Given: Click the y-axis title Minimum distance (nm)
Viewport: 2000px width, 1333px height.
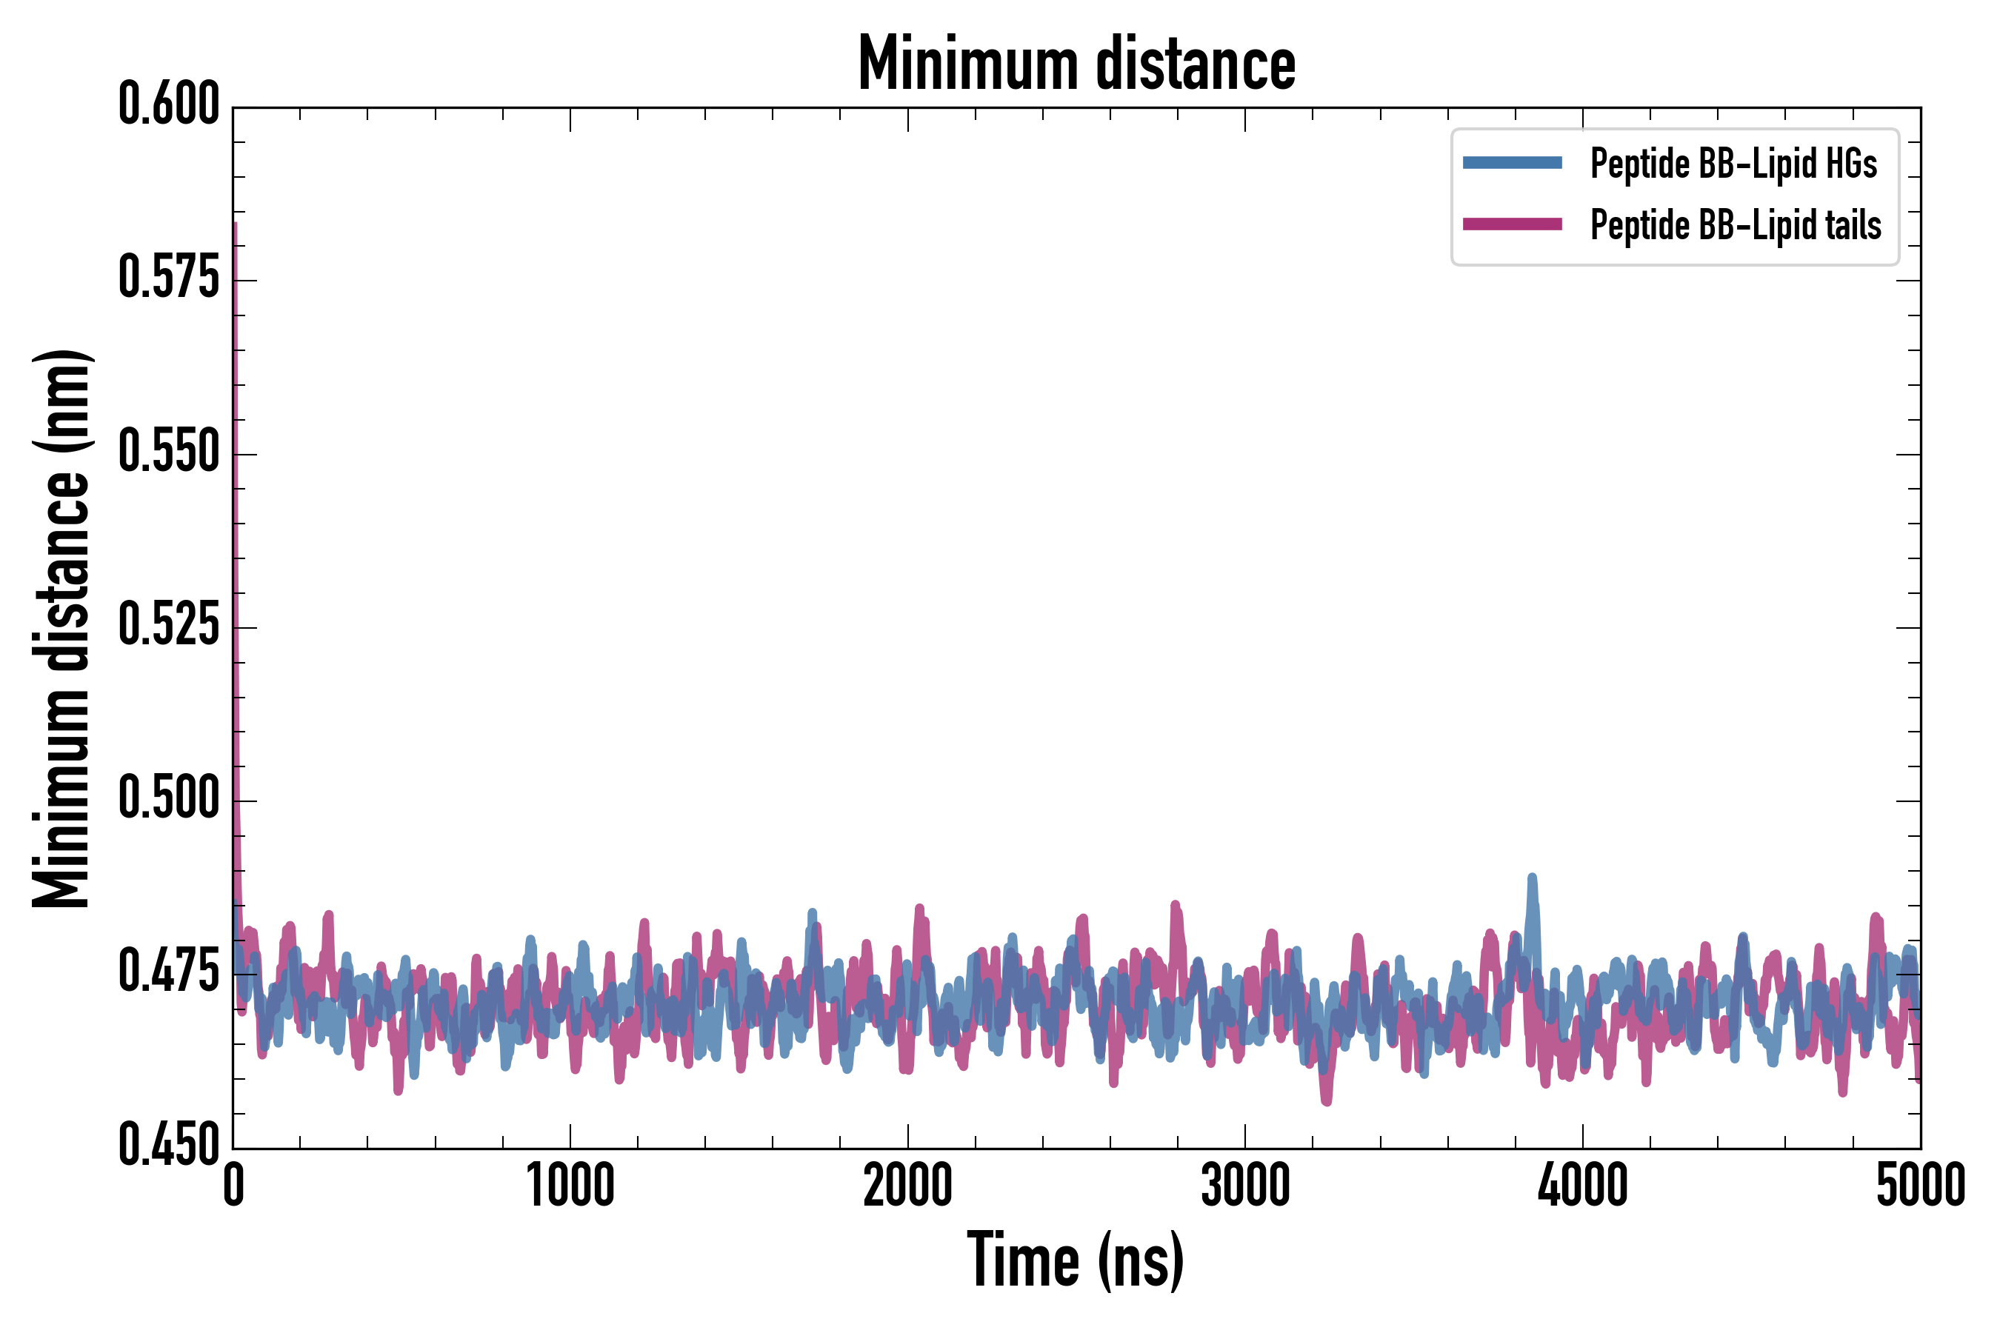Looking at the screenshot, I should (61, 629).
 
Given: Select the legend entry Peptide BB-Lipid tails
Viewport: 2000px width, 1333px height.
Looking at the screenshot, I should (1736, 225).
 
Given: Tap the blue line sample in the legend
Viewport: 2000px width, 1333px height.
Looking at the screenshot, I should (1512, 163).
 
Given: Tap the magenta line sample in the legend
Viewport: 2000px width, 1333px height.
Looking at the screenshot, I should (1512, 225).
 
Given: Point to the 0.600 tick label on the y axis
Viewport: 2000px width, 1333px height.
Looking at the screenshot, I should (168, 105).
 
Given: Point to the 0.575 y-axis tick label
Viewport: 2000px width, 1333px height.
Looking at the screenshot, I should (168, 279).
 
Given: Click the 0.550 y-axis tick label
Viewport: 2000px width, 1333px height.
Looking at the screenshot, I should (168, 452).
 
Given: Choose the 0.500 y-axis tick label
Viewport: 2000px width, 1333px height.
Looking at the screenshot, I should (168, 799).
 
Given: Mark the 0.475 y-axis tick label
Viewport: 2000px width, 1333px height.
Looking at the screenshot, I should (168, 972).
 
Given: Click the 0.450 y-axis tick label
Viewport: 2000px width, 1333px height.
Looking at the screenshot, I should (168, 1146).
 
